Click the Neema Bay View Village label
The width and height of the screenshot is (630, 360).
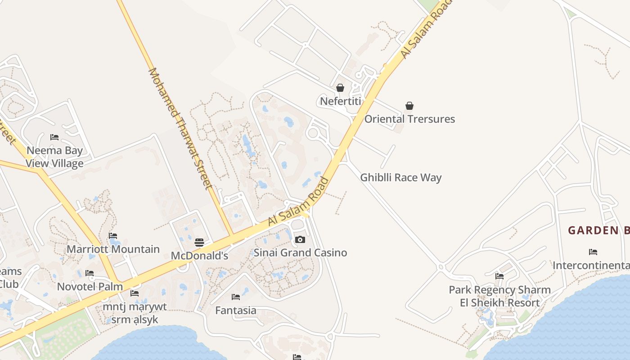click(54, 157)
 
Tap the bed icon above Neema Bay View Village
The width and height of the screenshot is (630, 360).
click(54, 137)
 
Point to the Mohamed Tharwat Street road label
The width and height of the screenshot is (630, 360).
click(180, 128)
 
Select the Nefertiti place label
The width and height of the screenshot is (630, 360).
click(340, 101)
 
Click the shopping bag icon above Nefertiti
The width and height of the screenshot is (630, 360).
click(340, 88)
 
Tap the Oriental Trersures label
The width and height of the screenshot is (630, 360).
click(409, 119)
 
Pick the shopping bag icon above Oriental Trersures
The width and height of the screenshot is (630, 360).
click(409, 106)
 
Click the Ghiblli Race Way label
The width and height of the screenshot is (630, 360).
click(400, 177)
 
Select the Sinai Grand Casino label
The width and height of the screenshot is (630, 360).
click(300, 252)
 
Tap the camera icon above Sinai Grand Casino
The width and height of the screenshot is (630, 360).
click(300, 240)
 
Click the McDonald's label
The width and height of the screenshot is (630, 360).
click(199, 256)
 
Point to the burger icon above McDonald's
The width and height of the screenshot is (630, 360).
click(199, 243)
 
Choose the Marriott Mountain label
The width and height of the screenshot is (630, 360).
click(113, 249)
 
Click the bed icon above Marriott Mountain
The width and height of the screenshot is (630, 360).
click(113, 236)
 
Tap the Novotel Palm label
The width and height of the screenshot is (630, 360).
click(90, 286)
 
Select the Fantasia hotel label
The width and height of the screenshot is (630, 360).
click(235, 310)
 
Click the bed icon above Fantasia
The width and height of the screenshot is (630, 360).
click(235, 297)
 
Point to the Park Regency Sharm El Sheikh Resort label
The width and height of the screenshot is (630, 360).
click(499, 296)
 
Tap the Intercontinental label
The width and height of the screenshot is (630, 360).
click(591, 265)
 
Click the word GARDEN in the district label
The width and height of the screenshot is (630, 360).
click(593, 230)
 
